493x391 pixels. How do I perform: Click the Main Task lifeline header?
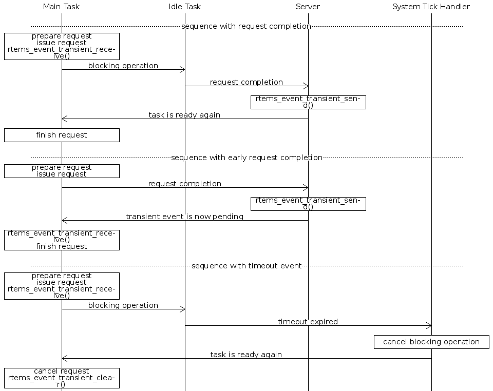pyautogui.click(x=62, y=7)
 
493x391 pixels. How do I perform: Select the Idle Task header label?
pyautogui.click(x=185, y=7)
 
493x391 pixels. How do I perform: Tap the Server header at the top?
pyautogui.click(x=308, y=7)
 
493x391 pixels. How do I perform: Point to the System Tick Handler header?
pyautogui.click(x=431, y=7)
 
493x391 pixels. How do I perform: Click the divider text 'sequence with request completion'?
pyautogui.click(x=246, y=26)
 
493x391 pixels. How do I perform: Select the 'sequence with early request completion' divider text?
pyautogui.click(x=246, y=158)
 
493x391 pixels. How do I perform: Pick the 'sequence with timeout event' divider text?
pyautogui.click(x=246, y=266)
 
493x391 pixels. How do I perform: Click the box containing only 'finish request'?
pyautogui.click(x=62, y=135)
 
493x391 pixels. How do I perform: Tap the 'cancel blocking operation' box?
pyautogui.click(x=431, y=342)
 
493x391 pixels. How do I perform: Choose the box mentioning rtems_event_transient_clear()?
pyautogui.click(x=62, y=378)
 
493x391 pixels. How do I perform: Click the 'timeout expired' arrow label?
pyautogui.click(x=308, y=322)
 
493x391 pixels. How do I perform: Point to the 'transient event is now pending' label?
pyautogui.click(x=185, y=217)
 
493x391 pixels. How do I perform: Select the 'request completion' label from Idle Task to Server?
pyautogui.click(x=246, y=82)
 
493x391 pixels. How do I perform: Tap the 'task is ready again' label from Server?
pyautogui.click(x=185, y=115)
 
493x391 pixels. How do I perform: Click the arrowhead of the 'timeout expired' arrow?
pyautogui.click(x=429, y=325)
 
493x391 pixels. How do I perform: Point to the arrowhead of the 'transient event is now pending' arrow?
pyautogui.click(x=64, y=221)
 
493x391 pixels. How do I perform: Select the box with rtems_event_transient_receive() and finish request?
pyautogui.click(x=62, y=240)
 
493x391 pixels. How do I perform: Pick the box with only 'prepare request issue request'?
pyautogui.click(x=62, y=171)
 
